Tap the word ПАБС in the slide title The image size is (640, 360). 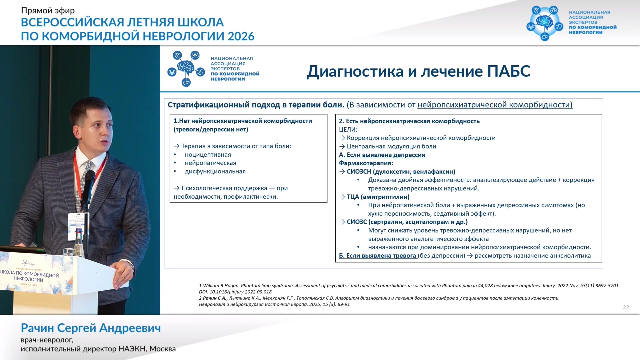[509, 71]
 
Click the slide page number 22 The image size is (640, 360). [626, 307]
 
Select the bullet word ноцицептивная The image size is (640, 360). [208, 155]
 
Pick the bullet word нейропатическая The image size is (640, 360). [210, 163]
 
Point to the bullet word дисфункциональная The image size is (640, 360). [215, 171]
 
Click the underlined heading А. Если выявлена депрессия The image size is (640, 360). [382, 155]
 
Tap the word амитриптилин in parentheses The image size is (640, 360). [385, 197]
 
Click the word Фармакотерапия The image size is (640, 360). [366, 163]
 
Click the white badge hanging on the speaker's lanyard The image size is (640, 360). [76, 226]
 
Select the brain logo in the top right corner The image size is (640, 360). [545, 23]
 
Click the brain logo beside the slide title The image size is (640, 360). [186, 69]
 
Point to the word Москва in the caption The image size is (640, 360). [162, 349]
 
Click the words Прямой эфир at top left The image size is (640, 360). [48, 11]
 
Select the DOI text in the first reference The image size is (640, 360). [235, 292]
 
